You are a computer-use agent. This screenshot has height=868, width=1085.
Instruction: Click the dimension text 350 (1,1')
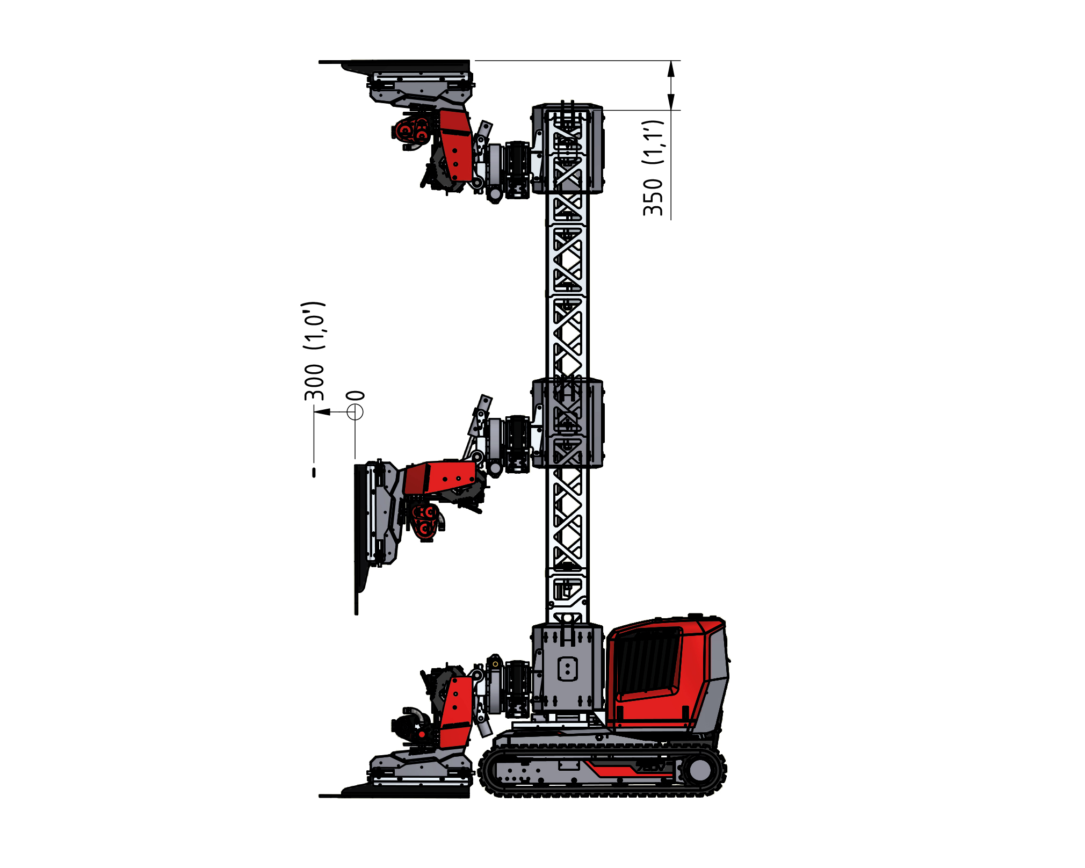(654, 168)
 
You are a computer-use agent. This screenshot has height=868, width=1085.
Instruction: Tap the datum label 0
(356, 396)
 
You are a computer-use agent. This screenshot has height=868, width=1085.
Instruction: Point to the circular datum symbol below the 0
(355, 412)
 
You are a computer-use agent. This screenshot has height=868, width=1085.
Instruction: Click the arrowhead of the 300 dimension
(322, 412)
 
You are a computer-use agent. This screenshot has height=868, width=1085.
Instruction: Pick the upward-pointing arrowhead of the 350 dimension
(671, 70)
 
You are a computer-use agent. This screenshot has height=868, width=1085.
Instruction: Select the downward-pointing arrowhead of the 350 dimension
(671, 102)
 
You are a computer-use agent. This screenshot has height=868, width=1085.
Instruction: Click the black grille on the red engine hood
(647, 664)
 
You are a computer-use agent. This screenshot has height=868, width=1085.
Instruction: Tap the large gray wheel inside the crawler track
(699, 770)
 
